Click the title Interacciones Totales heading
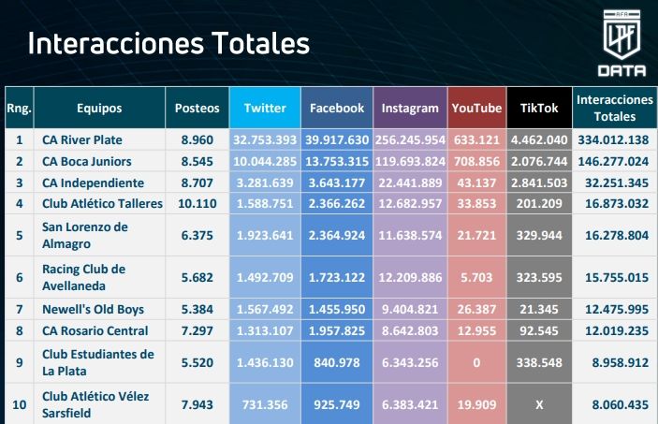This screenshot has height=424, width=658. click(x=168, y=43)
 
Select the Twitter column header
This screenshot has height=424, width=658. click(x=265, y=108)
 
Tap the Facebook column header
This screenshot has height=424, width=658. click(x=337, y=108)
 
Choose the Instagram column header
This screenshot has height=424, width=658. click(x=410, y=108)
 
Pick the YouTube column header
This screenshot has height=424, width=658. click(x=476, y=108)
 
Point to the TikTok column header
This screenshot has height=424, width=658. click(x=539, y=108)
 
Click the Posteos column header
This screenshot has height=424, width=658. click(x=197, y=108)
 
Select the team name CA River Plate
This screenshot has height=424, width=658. click(x=82, y=139)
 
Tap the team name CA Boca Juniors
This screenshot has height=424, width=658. click(x=87, y=161)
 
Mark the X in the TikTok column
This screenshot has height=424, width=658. click(x=539, y=403)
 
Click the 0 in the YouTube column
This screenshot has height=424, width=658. click(x=477, y=362)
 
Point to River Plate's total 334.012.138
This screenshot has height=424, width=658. click(x=615, y=139)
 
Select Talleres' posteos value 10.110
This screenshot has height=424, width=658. click(x=197, y=203)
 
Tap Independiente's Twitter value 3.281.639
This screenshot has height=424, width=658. click(x=265, y=183)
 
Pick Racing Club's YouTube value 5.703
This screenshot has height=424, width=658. click(x=477, y=277)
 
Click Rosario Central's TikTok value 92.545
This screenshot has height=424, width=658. click(x=539, y=330)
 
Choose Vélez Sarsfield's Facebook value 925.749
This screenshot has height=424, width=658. click(x=337, y=403)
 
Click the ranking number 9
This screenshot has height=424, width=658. click(x=19, y=362)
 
